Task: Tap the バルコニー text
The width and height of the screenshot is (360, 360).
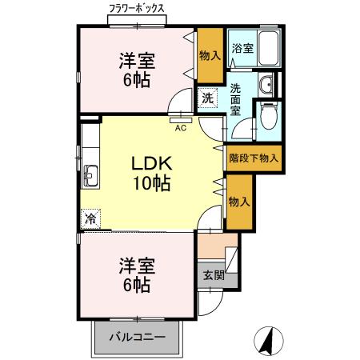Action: point(138,337)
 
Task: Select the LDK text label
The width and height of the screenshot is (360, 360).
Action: point(152,163)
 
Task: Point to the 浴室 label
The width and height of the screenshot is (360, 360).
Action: point(242,49)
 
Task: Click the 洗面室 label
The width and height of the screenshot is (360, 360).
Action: point(237,99)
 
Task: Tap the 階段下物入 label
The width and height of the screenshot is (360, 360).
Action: point(254,158)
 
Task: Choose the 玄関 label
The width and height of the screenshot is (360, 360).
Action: point(213,276)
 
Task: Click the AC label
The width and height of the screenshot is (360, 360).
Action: point(181,126)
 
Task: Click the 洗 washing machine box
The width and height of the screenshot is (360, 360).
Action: point(206,98)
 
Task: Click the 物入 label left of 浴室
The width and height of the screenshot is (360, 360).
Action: point(211,56)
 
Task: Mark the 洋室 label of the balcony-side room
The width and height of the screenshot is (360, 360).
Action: point(137,265)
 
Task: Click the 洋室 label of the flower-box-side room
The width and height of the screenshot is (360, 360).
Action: point(137,60)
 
